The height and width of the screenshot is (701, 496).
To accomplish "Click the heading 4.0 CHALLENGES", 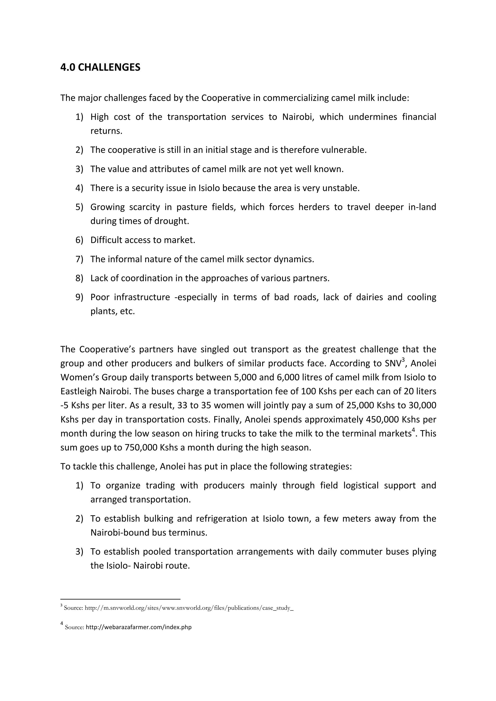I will click(x=100, y=67).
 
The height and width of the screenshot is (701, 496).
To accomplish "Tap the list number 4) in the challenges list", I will click(x=79, y=188).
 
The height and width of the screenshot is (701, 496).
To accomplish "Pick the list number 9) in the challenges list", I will click(x=79, y=297).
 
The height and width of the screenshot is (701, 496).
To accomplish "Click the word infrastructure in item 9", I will click(x=142, y=297).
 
